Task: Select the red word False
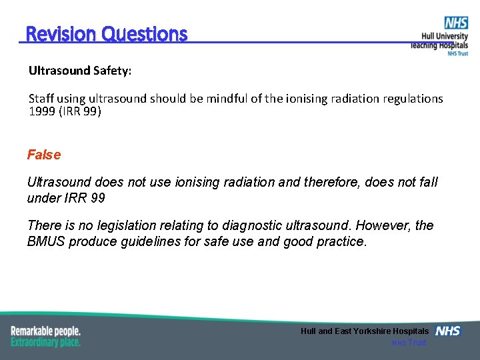(x=44, y=155)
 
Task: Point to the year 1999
(x=42, y=111)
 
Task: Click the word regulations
(x=413, y=99)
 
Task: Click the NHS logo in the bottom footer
(x=448, y=331)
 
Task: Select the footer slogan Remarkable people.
(x=45, y=331)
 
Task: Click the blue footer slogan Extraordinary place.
(x=45, y=341)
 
